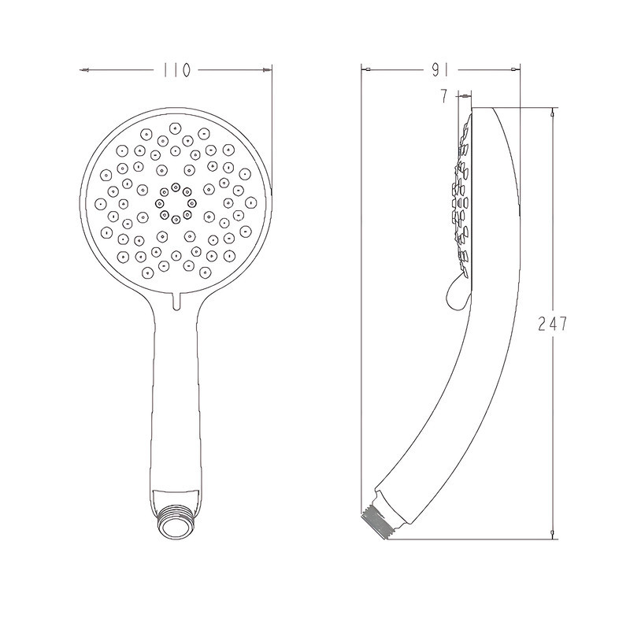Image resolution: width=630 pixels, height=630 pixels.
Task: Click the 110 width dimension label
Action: pos(176,71)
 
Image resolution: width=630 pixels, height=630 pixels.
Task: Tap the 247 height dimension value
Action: pos(553,324)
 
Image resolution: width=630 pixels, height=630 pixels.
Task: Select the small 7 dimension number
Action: pos(444,96)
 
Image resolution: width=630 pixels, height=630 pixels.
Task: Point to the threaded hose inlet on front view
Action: pos(176,524)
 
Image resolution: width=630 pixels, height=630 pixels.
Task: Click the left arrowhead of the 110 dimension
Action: pos(84,71)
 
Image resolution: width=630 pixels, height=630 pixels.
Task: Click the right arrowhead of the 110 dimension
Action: pos(266,70)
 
